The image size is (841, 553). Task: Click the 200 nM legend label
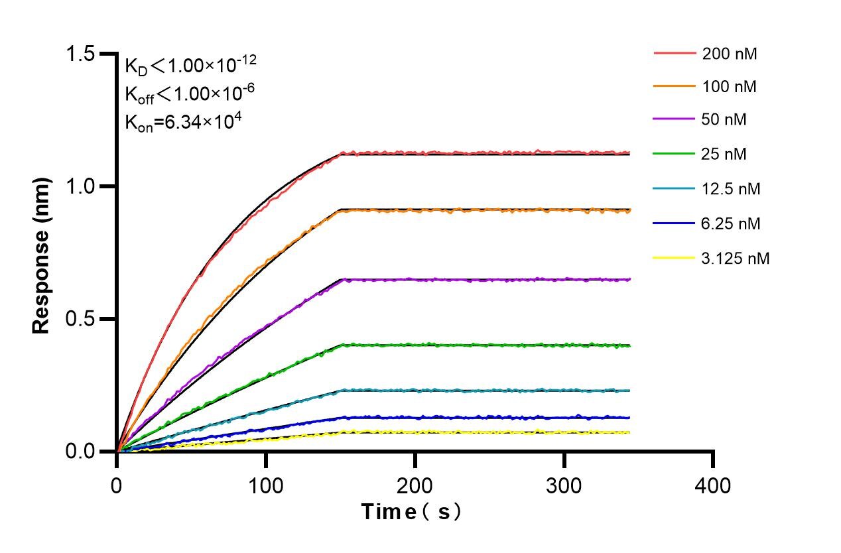[x=730, y=54]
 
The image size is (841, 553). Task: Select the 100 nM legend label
[x=730, y=87]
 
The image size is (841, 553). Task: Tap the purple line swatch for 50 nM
[x=675, y=121]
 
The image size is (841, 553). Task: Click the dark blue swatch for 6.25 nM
[x=675, y=223]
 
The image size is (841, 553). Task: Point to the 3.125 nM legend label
[x=736, y=258]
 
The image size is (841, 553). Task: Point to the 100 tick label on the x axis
[x=266, y=486]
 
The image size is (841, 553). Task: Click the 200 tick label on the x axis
[x=415, y=486]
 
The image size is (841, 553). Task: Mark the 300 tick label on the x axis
[x=564, y=486]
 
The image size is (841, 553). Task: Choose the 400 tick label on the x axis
[x=714, y=486]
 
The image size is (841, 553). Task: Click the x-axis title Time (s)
[x=411, y=513]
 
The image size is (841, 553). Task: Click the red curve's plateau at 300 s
[x=564, y=153]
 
